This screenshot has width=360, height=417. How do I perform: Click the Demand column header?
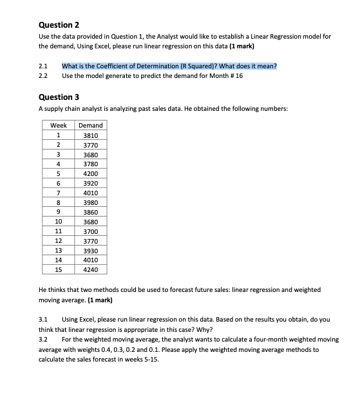90,125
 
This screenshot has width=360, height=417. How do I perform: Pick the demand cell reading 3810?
90,135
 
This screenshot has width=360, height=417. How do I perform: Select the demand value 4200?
90,174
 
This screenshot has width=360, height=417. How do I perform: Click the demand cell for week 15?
90,270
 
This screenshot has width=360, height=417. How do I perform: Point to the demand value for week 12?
90,241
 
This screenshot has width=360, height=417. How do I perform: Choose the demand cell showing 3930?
90,251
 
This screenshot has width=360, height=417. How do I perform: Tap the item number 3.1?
43,319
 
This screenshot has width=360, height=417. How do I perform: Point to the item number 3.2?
43,338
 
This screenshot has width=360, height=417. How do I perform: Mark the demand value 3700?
90,231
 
